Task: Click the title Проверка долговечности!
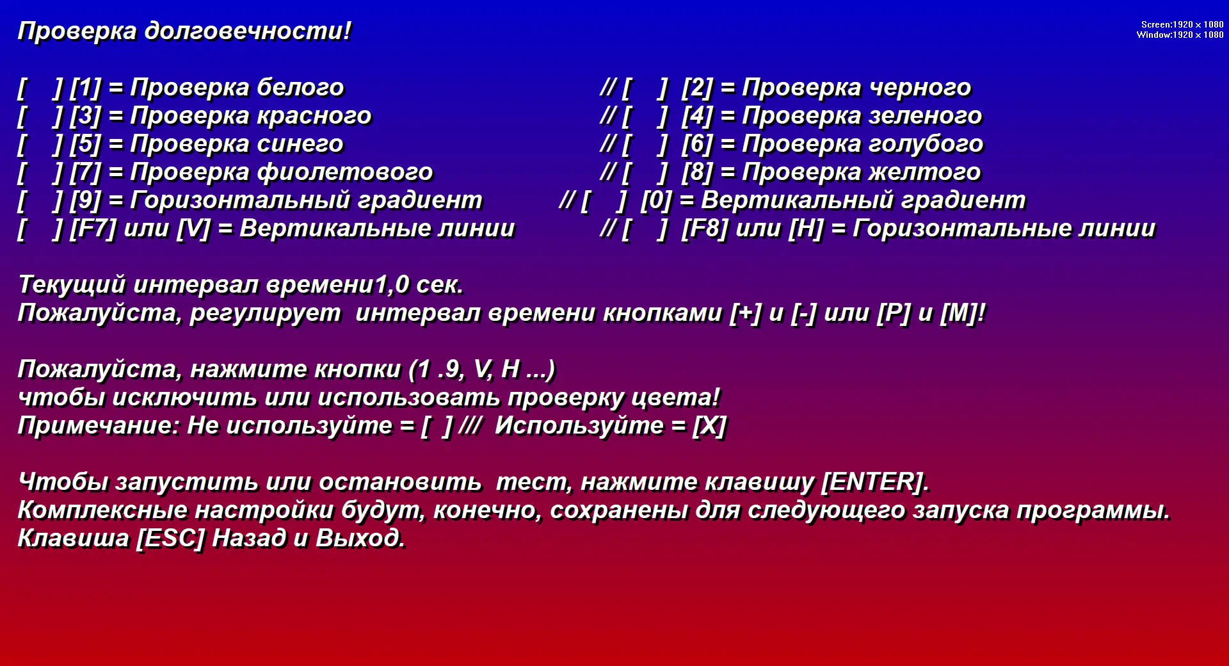click(184, 31)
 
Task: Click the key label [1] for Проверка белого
click(85, 87)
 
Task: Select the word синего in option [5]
click(300, 143)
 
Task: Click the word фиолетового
click(345, 172)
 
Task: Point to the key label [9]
click(85, 200)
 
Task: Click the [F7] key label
click(93, 228)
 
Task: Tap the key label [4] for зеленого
click(697, 115)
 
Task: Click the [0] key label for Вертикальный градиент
click(656, 200)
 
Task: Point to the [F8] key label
click(705, 228)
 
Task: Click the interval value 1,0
click(392, 284)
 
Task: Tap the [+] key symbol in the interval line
click(746, 313)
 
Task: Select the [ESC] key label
click(170, 538)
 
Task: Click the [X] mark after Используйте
click(709, 425)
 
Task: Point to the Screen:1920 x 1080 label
click(1182, 24)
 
